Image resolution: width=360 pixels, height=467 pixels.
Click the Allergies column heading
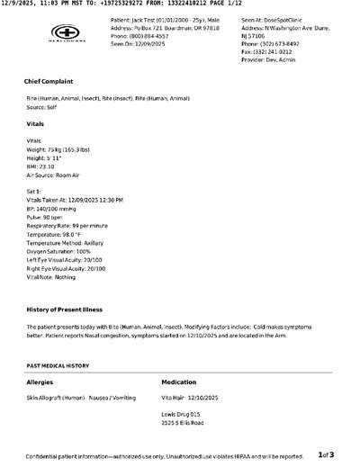pos(40,382)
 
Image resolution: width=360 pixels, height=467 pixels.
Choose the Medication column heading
pos(181,382)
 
